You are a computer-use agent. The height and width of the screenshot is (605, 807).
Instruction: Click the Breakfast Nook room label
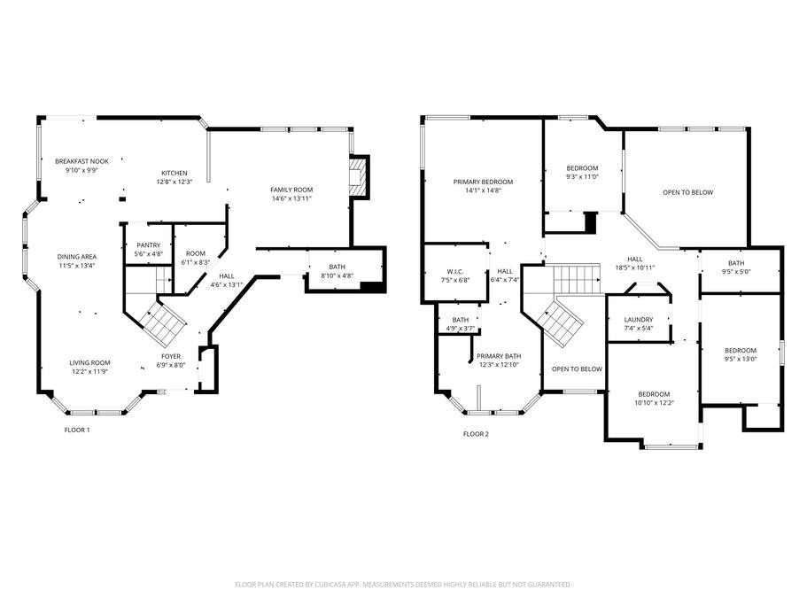[81, 161]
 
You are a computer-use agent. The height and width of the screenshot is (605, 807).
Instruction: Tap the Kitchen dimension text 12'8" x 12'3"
[175, 182]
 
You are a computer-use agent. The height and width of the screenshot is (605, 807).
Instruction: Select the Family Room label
[291, 190]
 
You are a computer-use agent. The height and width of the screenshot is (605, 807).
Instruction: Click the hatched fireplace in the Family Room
[359, 176]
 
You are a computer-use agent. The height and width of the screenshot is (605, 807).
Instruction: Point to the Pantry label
[149, 245]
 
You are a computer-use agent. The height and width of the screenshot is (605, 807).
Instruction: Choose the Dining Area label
[77, 257]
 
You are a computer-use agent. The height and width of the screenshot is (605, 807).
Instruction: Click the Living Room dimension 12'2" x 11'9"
[90, 371]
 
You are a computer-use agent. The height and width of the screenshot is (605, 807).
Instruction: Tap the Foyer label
[171, 356]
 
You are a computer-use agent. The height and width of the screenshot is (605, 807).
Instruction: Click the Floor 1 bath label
[338, 267]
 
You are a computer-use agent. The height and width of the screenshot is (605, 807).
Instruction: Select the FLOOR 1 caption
[77, 430]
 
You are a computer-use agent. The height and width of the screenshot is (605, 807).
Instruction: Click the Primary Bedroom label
[484, 182]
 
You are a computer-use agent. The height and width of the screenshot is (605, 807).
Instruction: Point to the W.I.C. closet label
[455, 272]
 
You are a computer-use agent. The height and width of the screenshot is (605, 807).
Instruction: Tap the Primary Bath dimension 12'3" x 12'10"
[499, 365]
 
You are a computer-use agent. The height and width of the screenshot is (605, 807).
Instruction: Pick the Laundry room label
[639, 320]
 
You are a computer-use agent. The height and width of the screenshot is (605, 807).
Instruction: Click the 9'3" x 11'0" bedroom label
[583, 177]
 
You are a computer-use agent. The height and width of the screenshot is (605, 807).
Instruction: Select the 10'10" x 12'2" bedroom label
[654, 403]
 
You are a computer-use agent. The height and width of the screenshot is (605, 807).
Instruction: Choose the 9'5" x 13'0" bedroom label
[741, 359]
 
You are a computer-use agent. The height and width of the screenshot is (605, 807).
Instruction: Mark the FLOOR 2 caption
[476, 434]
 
